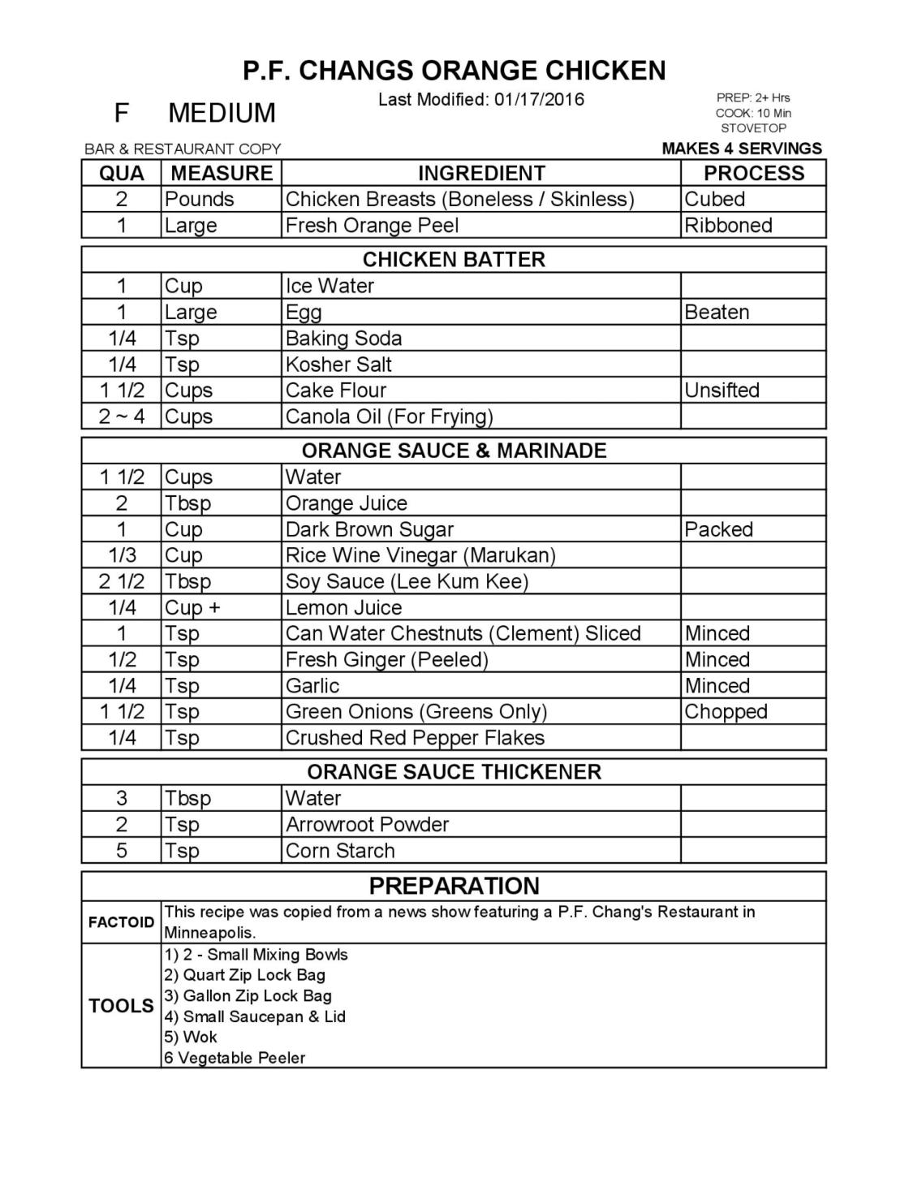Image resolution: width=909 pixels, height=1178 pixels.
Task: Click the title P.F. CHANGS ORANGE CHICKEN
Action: [x=454, y=71]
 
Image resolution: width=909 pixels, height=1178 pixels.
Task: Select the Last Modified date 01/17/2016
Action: [x=539, y=99]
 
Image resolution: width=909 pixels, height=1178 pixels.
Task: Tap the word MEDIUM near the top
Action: [x=222, y=113]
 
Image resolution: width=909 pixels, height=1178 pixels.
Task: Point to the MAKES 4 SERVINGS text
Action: [x=742, y=149]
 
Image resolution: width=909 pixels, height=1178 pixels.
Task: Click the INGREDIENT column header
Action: [x=481, y=173]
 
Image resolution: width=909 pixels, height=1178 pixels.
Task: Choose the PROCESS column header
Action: [x=753, y=173]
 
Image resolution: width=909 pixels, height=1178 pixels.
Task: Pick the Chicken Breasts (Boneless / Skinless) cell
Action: [x=459, y=199]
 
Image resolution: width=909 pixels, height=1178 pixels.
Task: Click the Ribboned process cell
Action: [x=728, y=225]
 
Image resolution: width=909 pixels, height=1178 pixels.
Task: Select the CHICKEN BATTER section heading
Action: [x=454, y=260]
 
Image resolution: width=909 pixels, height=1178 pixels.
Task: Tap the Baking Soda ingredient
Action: [x=343, y=338]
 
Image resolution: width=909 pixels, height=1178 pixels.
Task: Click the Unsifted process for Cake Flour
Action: [x=722, y=390]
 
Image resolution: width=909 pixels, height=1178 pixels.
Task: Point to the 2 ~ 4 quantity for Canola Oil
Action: [x=122, y=416]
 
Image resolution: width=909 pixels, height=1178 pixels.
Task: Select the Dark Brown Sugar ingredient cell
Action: [x=369, y=529]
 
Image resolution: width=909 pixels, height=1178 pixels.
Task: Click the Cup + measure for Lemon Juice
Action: [x=192, y=607]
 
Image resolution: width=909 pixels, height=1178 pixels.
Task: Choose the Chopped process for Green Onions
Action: [x=726, y=711]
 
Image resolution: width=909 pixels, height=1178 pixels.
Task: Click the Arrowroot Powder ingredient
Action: [x=367, y=824]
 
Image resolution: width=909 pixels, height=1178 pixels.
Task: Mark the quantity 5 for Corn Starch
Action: [x=122, y=850]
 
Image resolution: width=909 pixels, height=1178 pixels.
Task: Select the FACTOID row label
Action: [x=121, y=922]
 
